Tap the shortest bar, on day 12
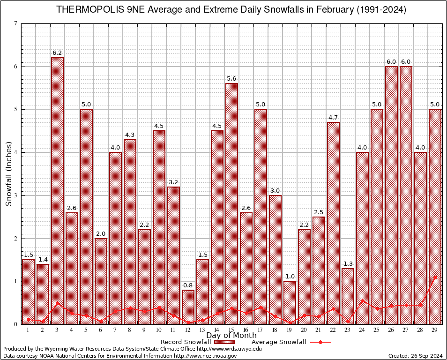pyautogui.click(x=188, y=307)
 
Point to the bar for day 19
pyautogui.click(x=290, y=302)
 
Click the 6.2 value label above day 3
pyautogui.click(x=57, y=53)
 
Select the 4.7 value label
pyautogui.click(x=333, y=117)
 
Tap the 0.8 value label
pyautogui.click(x=188, y=285)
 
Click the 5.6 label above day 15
pyautogui.click(x=231, y=79)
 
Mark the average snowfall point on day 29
pyautogui.click(x=435, y=277)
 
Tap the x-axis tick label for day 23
pyautogui.click(x=348, y=330)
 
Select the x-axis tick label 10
pyautogui.click(x=159, y=330)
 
